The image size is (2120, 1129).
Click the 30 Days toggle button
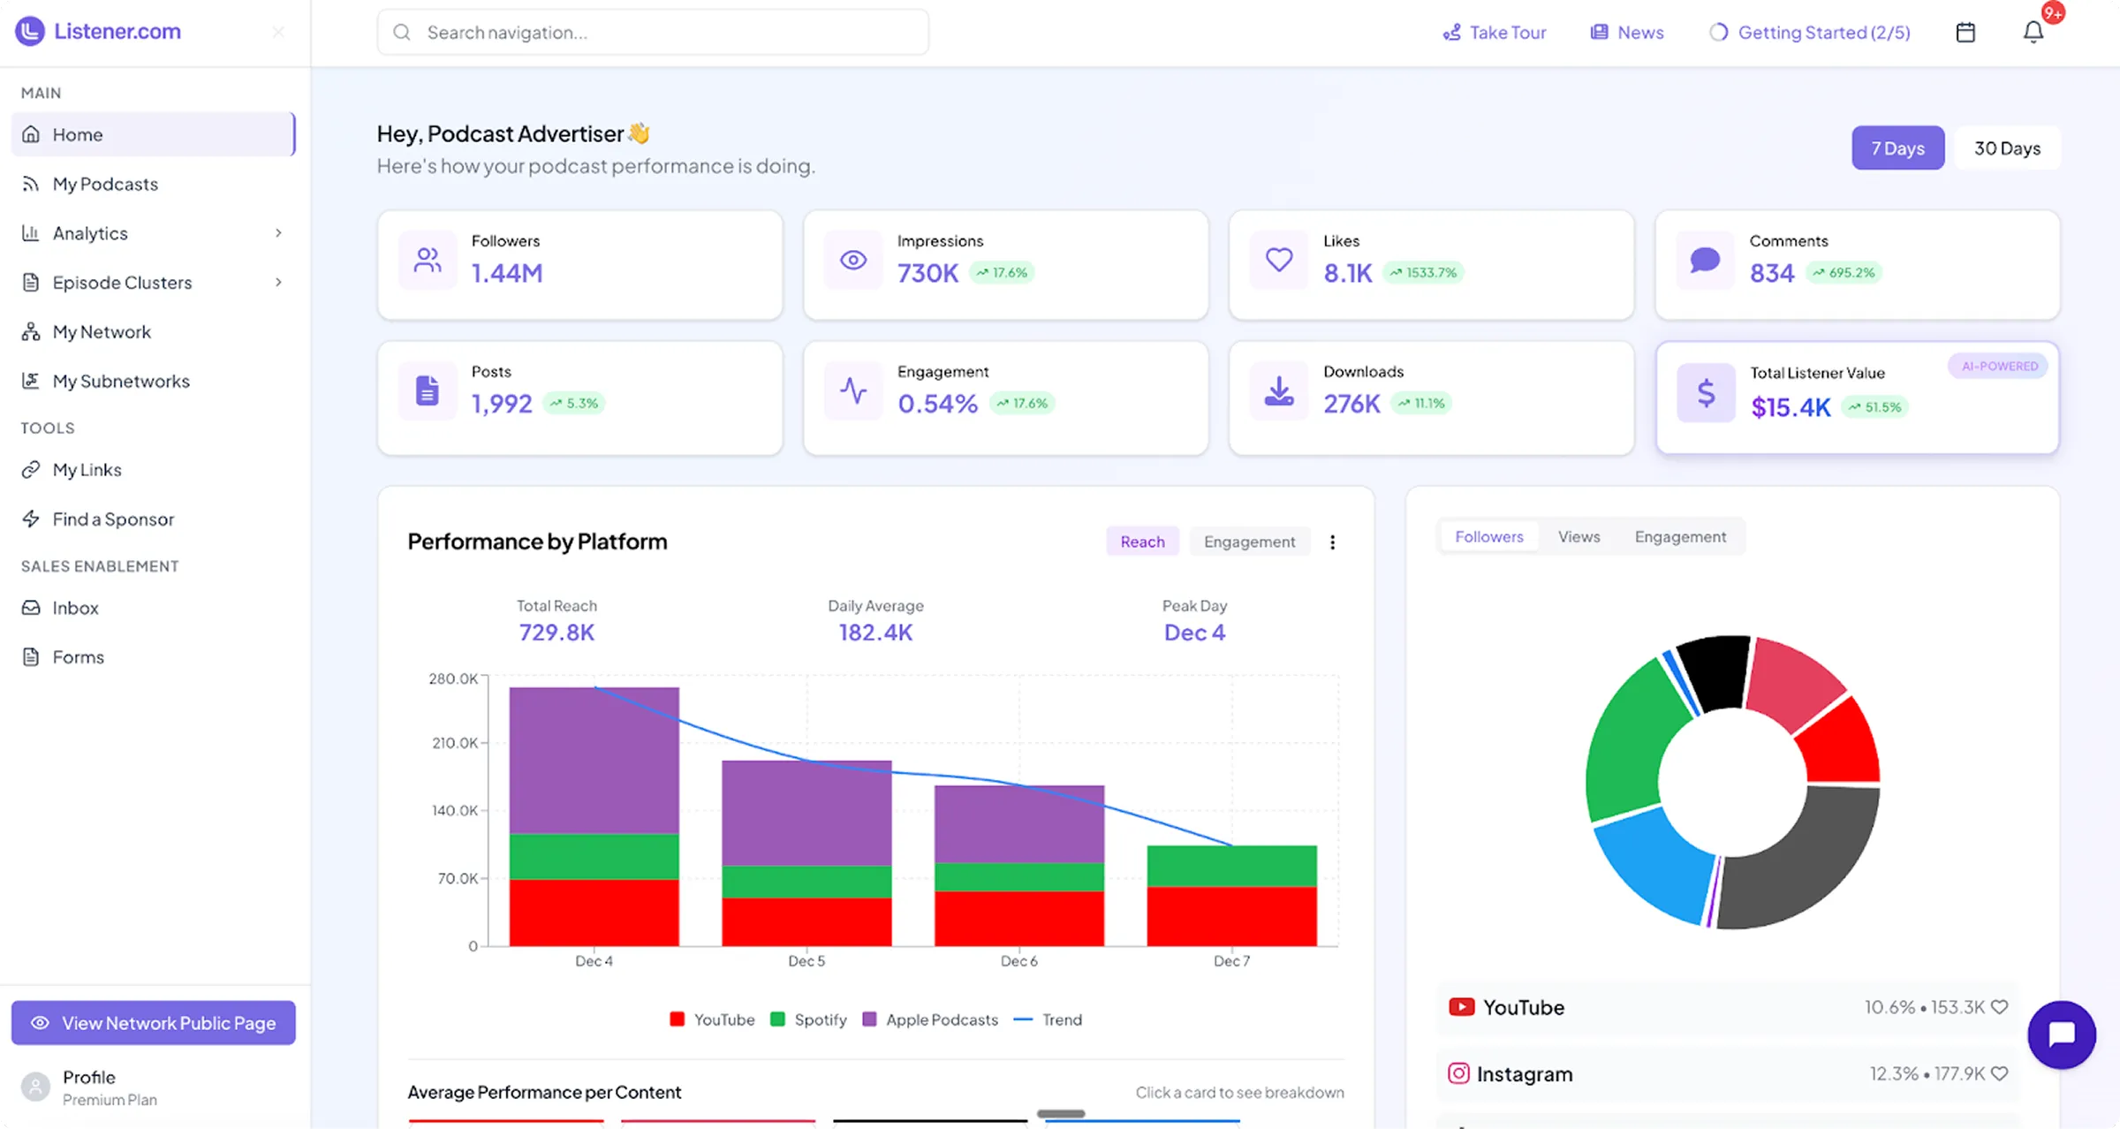2006,148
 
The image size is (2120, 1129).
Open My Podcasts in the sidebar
105,184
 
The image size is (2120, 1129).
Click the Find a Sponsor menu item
113,519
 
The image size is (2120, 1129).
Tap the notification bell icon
2033,33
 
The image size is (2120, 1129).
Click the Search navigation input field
654,33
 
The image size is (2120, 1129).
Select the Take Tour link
1495,33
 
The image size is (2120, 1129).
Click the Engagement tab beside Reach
1249,542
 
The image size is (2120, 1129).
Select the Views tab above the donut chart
1579,537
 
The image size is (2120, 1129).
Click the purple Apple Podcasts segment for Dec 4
594,760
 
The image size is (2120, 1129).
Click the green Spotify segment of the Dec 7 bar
1231,866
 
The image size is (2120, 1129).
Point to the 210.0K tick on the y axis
454,743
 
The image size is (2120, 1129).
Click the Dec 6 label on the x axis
1018,961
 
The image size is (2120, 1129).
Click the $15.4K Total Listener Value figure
1791,407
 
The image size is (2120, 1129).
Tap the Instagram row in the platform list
1727,1074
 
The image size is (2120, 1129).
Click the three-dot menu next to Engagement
1332,542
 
